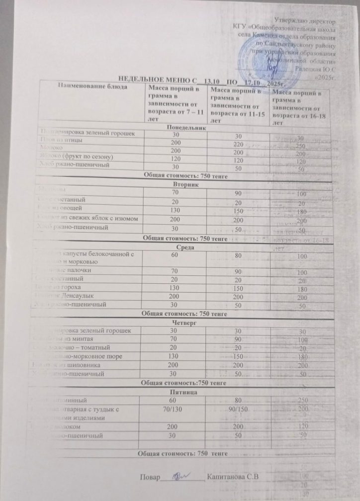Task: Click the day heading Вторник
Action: click(184, 184)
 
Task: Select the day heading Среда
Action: click(184, 247)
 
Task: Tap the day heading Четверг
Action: click(184, 322)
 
